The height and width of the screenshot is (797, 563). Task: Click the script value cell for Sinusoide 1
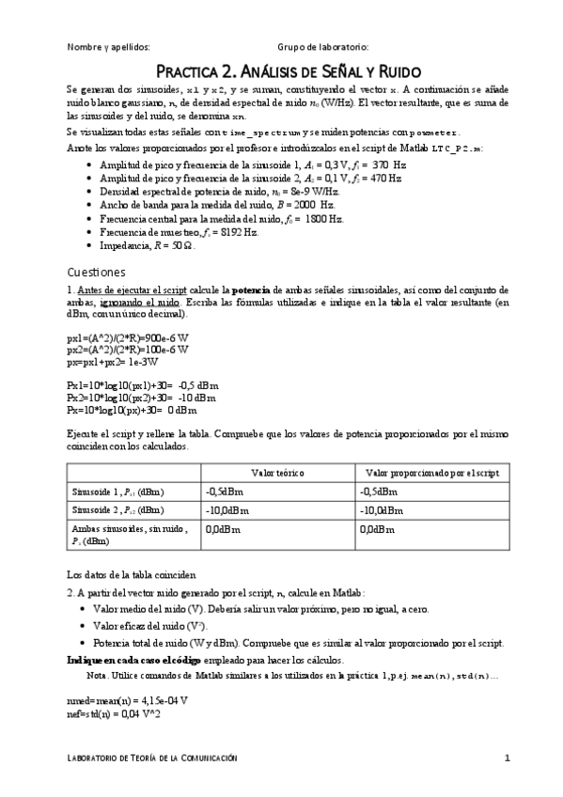382,492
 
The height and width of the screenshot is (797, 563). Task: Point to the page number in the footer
507,758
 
